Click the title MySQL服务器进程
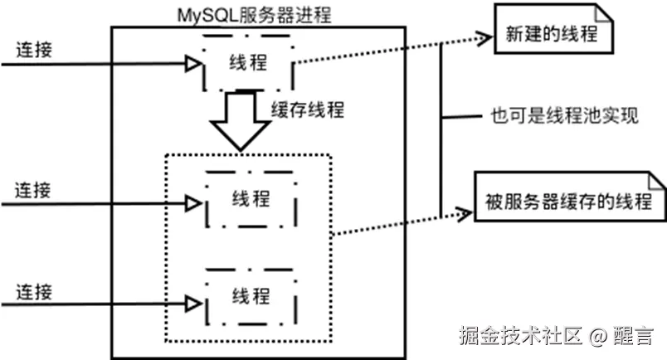pyautogui.click(x=251, y=14)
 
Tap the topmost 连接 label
pyautogui.click(x=34, y=49)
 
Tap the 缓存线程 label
pyautogui.click(x=308, y=109)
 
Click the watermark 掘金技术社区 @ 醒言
pyautogui.click(x=557, y=336)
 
